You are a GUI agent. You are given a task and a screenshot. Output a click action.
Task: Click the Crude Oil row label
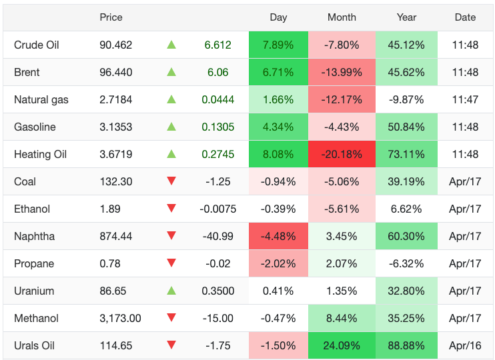37,45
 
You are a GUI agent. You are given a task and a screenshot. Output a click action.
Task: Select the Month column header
342,17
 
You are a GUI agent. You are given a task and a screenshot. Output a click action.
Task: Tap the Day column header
278,17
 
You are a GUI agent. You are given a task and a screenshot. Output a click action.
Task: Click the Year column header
406,17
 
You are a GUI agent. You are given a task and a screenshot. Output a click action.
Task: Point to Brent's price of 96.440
116,72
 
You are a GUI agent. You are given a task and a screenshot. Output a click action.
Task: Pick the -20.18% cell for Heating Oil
342,154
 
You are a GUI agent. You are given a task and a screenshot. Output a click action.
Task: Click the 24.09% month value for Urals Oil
342,345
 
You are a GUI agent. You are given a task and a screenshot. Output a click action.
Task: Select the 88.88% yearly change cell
406,345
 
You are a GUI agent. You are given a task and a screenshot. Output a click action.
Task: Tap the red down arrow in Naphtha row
171,236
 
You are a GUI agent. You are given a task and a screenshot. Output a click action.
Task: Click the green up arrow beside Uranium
171,291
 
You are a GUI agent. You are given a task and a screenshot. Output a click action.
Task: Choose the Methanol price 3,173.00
120,318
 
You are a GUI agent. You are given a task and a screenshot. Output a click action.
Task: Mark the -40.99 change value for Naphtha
217,236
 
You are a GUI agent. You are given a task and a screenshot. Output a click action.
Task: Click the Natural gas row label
41,99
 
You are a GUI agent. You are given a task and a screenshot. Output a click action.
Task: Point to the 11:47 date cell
465,99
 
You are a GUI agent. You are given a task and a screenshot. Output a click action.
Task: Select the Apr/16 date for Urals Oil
465,345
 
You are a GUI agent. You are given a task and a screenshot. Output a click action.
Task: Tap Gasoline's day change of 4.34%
278,127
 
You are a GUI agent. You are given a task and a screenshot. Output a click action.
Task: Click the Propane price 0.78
110,263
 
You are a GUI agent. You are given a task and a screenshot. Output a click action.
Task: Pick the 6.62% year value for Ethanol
406,209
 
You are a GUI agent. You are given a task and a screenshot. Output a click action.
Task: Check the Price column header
111,17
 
